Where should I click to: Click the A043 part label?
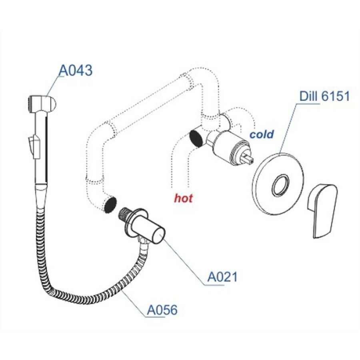tap(76, 70)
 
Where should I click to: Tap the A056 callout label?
tap(162, 310)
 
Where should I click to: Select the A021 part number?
tap(222, 277)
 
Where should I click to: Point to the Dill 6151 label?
tap(324, 96)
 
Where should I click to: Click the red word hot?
tap(184, 198)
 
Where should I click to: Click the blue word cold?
tap(262, 134)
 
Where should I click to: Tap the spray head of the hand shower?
tap(42, 104)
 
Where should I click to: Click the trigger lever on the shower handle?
tap(34, 146)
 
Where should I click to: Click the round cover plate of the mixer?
tap(278, 184)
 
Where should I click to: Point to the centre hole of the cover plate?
tap(280, 186)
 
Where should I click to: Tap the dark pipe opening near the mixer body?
tap(196, 138)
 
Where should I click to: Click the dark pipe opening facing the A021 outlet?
tap(110, 204)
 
